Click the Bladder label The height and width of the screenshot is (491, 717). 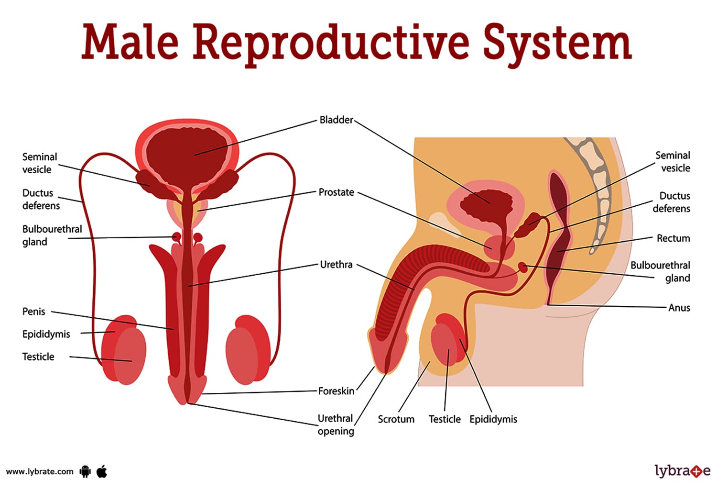pyautogui.click(x=336, y=120)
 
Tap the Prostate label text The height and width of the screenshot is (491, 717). pyautogui.click(x=336, y=192)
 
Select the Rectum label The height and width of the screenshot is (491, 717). pyautogui.click(x=673, y=238)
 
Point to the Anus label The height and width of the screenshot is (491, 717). pyautogui.click(x=679, y=308)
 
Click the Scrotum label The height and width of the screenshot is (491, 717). pyautogui.click(x=396, y=419)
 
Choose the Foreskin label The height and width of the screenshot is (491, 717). pyautogui.click(x=336, y=391)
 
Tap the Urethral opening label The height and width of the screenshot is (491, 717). pyautogui.click(x=336, y=424)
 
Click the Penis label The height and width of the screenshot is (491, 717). pyautogui.click(x=33, y=312)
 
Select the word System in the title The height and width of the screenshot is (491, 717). pyautogui.click(x=557, y=43)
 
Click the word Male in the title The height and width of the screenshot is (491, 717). pyautogui.click(x=130, y=42)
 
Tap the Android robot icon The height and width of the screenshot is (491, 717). pyautogui.click(x=85, y=471)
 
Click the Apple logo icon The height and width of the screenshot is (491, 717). pyautogui.click(x=102, y=471)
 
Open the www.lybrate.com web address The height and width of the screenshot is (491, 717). pyautogui.click(x=40, y=472)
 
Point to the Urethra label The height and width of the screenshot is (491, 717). pyautogui.click(x=336, y=265)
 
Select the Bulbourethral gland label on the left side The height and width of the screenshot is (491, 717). pyautogui.click(x=52, y=235)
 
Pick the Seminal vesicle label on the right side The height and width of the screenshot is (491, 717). pyautogui.click(x=673, y=162)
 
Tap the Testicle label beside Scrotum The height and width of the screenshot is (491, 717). pyautogui.click(x=445, y=419)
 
